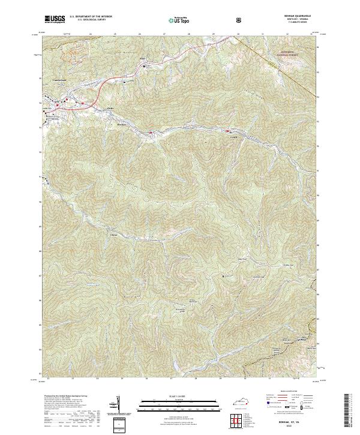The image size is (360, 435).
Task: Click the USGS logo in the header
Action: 55,20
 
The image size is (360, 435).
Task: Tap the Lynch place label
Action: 233,137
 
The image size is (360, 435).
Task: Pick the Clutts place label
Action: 110,109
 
